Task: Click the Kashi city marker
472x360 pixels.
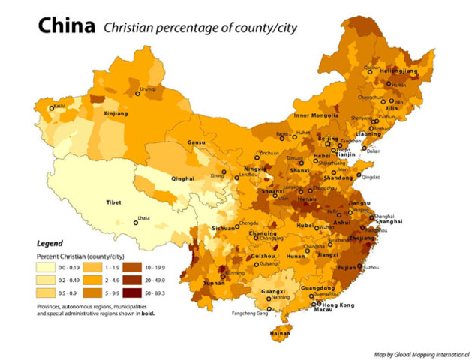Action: tap(52, 108)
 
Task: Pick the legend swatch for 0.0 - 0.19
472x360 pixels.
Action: tap(49, 266)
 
